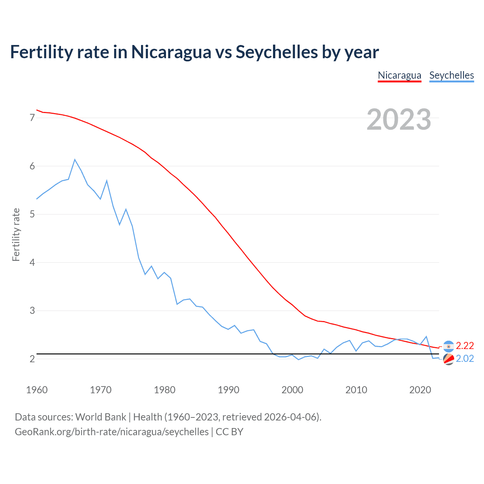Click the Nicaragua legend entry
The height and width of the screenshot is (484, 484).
coord(399,75)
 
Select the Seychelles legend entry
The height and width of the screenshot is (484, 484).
coord(451,75)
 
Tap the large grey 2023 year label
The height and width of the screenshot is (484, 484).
coord(399,119)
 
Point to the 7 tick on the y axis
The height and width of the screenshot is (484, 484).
coord(32,118)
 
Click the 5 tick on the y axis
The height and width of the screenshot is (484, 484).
coord(32,214)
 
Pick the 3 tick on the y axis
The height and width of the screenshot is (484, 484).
coord(32,311)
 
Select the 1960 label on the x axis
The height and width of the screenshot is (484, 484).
coord(37,390)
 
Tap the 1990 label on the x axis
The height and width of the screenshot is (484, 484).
coord(228,390)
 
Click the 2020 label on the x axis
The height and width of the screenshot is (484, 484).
coord(420,390)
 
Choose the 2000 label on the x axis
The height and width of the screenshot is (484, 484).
coord(292,390)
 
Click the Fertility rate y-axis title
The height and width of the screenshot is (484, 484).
coord(16,234)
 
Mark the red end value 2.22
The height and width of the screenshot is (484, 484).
coord(465,346)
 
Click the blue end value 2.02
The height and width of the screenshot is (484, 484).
coord(465,358)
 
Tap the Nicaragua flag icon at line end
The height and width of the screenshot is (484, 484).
coord(448,346)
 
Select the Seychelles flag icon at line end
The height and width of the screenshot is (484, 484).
coord(448,359)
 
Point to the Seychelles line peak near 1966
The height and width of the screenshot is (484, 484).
coord(75,160)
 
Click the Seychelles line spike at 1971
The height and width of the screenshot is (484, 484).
coord(107,181)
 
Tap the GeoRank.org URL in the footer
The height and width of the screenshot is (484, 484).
coord(112,432)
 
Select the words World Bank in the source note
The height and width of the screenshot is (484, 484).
coord(101,417)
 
